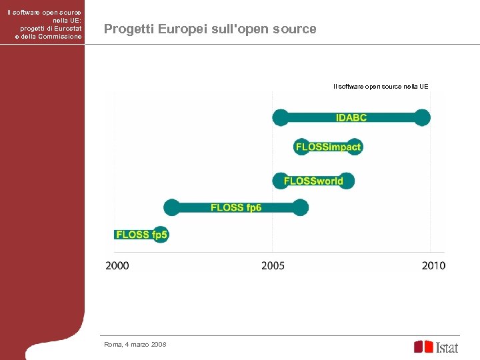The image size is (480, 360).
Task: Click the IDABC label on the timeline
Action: [351, 118]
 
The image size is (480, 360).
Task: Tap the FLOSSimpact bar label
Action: [328, 147]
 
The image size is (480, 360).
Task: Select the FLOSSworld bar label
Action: [313, 181]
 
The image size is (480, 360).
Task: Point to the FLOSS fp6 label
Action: [236, 207]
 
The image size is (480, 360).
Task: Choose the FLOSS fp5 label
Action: [141, 235]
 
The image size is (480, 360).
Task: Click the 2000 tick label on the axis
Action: [117, 266]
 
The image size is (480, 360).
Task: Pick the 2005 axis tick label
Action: [273, 266]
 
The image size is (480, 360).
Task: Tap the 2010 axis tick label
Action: [433, 266]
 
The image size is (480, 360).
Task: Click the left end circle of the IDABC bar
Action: [281, 118]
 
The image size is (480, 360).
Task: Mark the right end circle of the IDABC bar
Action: [422, 118]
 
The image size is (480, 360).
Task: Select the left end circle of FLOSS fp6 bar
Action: [172, 207]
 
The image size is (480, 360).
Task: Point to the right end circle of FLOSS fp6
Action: [301, 207]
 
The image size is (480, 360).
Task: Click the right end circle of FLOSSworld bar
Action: [346, 181]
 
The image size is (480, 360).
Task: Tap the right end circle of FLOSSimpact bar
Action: [355, 147]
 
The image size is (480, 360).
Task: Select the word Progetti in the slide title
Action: [127, 29]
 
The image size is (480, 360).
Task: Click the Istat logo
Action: [436, 347]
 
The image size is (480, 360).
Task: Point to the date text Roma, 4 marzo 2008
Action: [135, 344]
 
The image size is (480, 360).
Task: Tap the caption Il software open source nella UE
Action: [381, 86]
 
